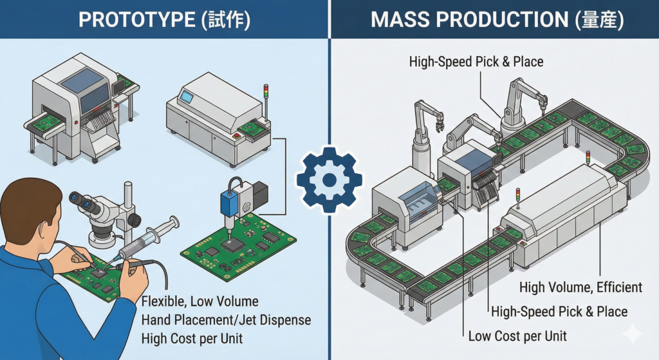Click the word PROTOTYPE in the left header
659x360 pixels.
pyautogui.click(x=131, y=19)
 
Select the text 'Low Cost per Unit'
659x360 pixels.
pyautogui.click(x=517, y=336)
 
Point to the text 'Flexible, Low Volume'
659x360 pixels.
pyautogui.click(x=199, y=301)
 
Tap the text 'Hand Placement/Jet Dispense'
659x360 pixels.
pyautogui.click(x=225, y=319)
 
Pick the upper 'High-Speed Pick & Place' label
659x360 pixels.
pyautogui.click(x=476, y=62)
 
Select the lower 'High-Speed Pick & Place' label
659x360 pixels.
pyautogui.click(x=559, y=312)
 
